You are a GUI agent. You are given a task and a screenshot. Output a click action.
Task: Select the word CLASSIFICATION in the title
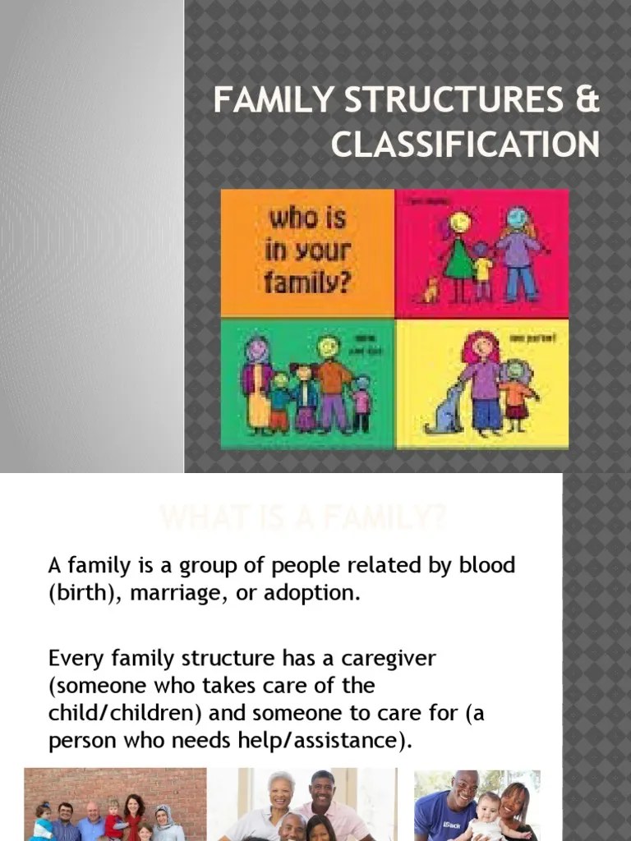(x=465, y=145)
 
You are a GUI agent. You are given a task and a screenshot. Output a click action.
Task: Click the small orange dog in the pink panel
(x=428, y=288)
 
